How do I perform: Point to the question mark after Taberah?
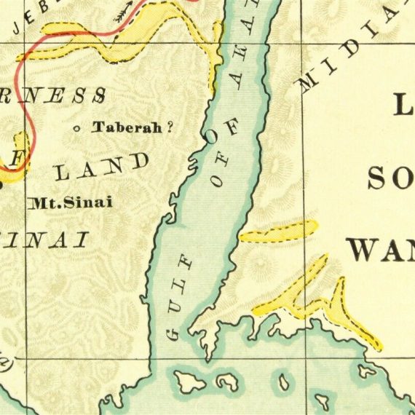click(170, 127)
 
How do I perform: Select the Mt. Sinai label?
click(71, 202)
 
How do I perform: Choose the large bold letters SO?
click(390, 175)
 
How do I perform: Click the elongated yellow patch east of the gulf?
click(279, 232)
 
